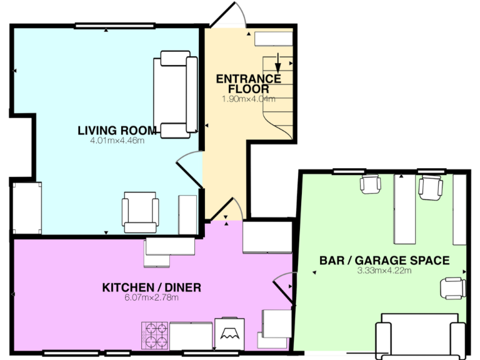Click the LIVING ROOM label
pyautogui.click(x=117, y=130)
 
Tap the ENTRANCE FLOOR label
pyautogui.click(x=248, y=84)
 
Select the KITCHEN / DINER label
pyautogui.click(x=151, y=287)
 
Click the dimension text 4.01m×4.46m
pyautogui.click(x=117, y=141)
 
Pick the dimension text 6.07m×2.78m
pyautogui.click(x=151, y=297)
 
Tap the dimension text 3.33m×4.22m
pyautogui.click(x=384, y=271)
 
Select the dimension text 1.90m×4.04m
pyautogui.click(x=248, y=99)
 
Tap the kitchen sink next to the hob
pyautogui.click(x=191, y=336)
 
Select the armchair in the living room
pyautogui.click(x=139, y=212)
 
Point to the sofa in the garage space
pyautogui.click(x=419, y=338)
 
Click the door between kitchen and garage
pyautogui.click(x=286, y=286)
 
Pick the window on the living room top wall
pyautogui.click(x=114, y=26)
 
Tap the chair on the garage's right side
pyautogui.click(x=452, y=287)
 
